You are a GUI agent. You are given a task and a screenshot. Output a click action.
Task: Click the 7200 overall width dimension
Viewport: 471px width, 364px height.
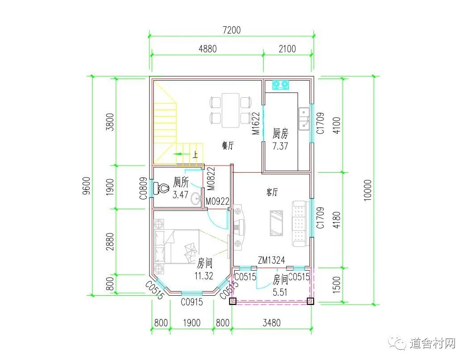tap(231, 30)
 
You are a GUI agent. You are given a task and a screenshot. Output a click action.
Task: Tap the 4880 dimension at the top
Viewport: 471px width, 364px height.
tap(207, 49)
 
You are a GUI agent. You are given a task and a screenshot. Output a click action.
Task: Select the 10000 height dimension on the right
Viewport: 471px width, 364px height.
tap(368, 190)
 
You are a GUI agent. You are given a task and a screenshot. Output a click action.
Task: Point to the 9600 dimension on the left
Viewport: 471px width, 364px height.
tap(86, 186)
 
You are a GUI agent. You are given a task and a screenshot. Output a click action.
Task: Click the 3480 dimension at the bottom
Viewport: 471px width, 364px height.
tap(272, 323)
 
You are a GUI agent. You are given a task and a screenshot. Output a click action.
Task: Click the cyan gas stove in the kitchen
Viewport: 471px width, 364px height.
tap(280, 85)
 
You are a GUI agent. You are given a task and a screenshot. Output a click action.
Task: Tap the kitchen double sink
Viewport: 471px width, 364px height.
tap(304, 119)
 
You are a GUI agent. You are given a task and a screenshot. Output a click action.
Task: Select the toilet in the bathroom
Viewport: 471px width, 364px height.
tap(161, 188)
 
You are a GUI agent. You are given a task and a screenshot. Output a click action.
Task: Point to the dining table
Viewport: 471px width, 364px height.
tap(231, 110)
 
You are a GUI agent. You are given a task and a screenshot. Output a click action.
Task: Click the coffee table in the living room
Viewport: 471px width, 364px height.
tap(276, 223)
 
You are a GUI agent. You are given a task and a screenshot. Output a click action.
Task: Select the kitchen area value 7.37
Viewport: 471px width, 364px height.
tap(280, 146)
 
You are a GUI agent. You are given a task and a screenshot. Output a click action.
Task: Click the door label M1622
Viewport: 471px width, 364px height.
tap(256, 124)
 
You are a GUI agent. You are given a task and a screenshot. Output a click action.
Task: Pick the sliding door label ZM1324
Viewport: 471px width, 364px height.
tap(271, 260)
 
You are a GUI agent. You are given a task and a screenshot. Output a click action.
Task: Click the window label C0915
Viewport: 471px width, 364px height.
tap(192, 302)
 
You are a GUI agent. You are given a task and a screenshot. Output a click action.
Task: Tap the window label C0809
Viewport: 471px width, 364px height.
tap(143, 188)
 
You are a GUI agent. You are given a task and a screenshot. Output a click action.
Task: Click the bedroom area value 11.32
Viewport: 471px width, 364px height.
tap(204, 276)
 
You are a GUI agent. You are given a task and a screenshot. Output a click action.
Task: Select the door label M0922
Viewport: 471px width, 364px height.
tap(218, 201)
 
